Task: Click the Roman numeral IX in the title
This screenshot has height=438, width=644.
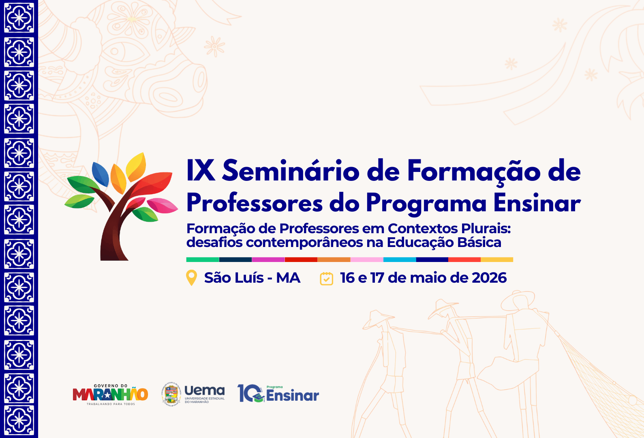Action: pyautogui.click(x=201, y=171)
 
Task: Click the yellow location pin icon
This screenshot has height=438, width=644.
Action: pyautogui.click(x=191, y=277)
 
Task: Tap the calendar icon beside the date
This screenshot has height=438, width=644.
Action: pyautogui.click(x=326, y=279)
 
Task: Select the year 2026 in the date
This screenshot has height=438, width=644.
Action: pyautogui.click(x=489, y=278)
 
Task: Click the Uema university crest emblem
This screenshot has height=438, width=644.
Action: pyautogui.click(x=171, y=394)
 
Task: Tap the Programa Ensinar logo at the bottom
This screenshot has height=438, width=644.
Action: pyautogui.click(x=278, y=393)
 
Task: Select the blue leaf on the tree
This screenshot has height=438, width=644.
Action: pyautogui.click(x=100, y=174)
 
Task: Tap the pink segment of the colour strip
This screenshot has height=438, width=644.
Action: pyautogui.click(x=367, y=260)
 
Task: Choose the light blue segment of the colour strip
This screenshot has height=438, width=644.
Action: pyautogui.click(x=400, y=260)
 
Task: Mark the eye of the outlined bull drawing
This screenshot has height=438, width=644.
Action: pyautogui.click(x=116, y=52)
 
